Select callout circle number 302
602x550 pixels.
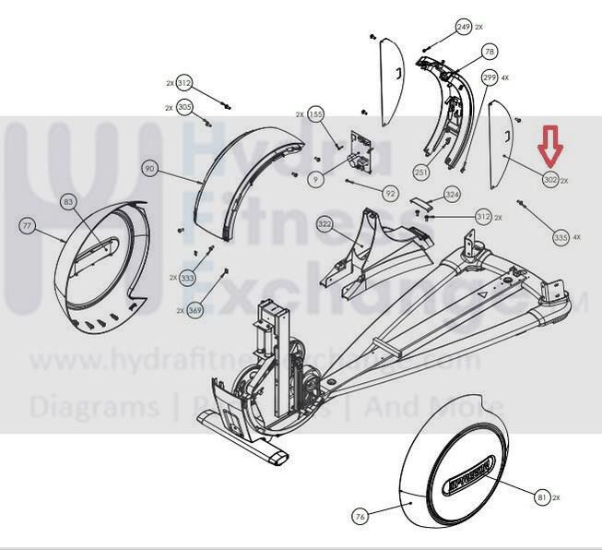pyautogui.click(x=550, y=179)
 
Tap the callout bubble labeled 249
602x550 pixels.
pyautogui.click(x=464, y=27)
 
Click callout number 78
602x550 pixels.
pyautogui.click(x=490, y=52)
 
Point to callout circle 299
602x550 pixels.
pyautogui.click(x=490, y=78)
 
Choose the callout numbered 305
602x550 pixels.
pyautogui.click(x=184, y=108)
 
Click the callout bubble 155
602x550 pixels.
pyautogui.click(x=316, y=114)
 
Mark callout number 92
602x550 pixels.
pyautogui.click(x=391, y=194)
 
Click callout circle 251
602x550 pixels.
pyautogui.click(x=421, y=173)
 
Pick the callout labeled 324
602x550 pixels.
pyautogui.click(x=452, y=195)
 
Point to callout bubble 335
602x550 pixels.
pyautogui.click(x=561, y=237)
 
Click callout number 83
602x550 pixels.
pyautogui.click(x=68, y=201)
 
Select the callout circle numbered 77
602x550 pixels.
pyautogui.click(x=27, y=224)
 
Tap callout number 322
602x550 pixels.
pyautogui.click(x=325, y=224)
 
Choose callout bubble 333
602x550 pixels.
pyautogui.click(x=188, y=277)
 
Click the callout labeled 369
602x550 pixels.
pyautogui.click(x=195, y=311)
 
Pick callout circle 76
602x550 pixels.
pyautogui.click(x=360, y=517)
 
